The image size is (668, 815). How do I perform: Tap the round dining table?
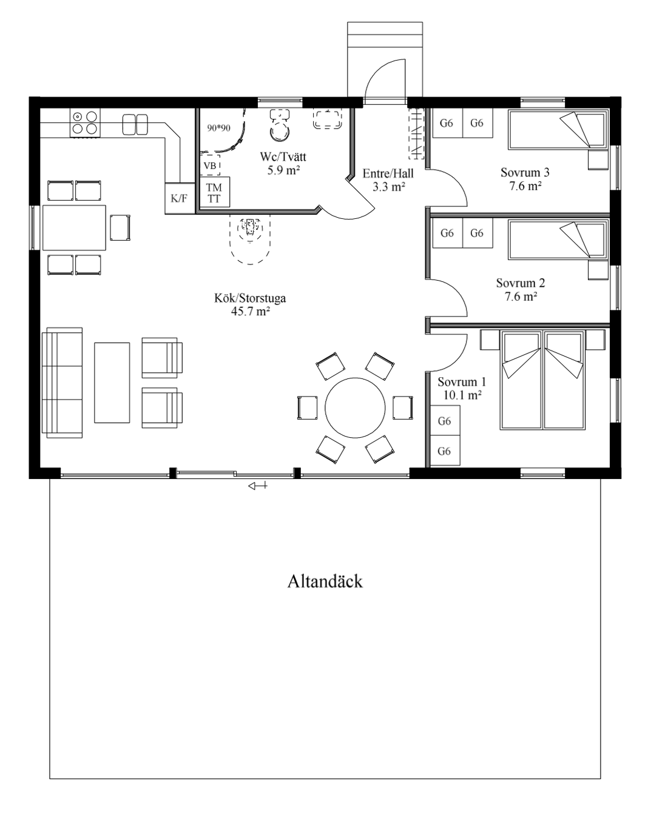355,407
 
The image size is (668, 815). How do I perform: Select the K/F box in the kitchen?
180,198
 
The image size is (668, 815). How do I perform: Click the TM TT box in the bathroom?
215,192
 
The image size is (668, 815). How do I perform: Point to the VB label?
210,166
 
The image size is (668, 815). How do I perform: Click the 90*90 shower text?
219,128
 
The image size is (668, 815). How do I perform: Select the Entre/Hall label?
388,173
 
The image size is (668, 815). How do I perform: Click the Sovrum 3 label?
525,172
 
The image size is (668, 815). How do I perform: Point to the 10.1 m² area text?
462,395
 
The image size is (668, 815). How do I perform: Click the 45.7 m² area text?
251,311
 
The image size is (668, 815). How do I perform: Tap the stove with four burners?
85,122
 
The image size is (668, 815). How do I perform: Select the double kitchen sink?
135,124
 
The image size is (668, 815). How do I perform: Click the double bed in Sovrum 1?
543,380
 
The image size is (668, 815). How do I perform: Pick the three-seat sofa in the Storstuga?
62,383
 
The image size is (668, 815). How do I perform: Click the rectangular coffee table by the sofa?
112,383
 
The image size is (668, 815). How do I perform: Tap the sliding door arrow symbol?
257,486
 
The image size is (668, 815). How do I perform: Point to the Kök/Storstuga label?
250,298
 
